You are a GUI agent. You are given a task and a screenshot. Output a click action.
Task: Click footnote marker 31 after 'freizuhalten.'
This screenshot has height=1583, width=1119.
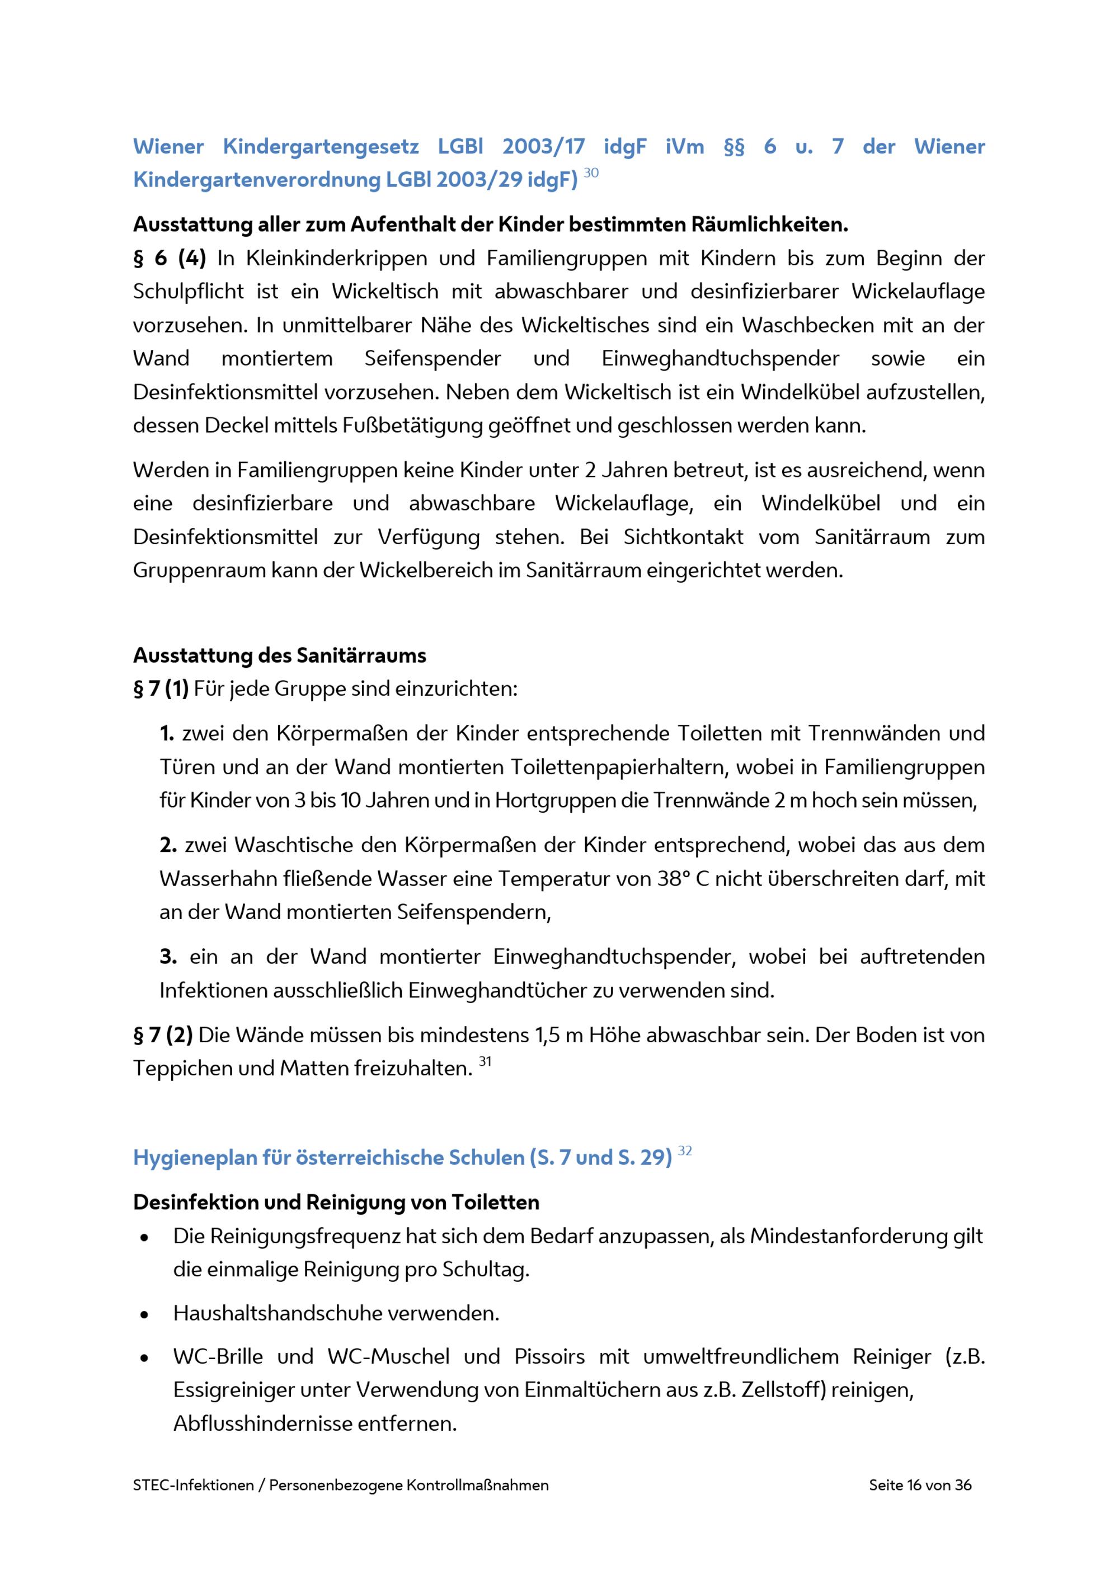pos(485,1062)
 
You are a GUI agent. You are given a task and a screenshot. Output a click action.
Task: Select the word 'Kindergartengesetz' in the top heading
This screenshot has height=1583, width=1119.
pos(321,146)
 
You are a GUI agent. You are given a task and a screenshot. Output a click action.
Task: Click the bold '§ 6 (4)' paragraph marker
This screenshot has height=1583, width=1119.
pos(170,258)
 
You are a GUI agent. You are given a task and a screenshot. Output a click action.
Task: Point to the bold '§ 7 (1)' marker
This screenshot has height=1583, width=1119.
pos(161,688)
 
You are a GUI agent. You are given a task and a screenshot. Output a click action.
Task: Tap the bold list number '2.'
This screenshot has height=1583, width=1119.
pos(168,845)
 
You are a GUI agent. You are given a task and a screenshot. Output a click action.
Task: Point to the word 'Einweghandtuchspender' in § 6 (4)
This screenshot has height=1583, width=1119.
pos(720,358)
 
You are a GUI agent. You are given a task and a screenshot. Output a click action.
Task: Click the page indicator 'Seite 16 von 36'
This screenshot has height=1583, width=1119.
pos(920,1484)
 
